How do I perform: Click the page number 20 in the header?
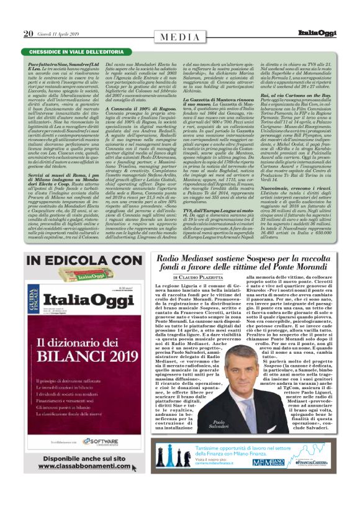click(x=28, y=34)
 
